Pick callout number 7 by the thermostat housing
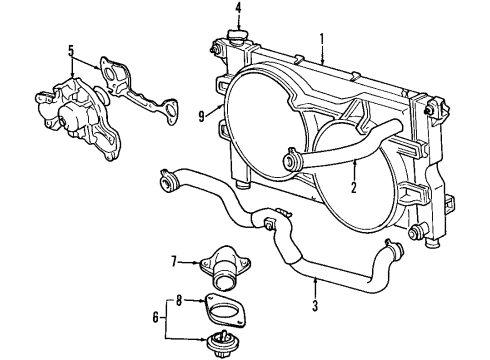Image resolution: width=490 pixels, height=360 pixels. pos(173,261)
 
